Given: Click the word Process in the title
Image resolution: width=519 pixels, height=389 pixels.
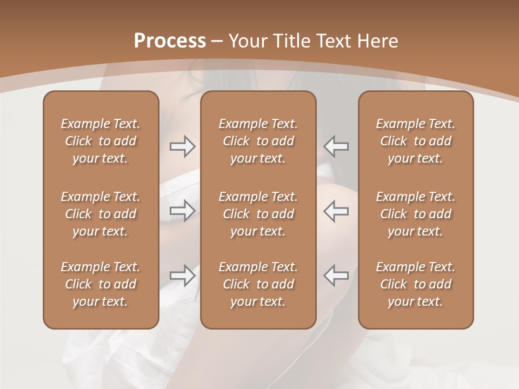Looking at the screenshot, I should pyautogui.click(x=170, y=41).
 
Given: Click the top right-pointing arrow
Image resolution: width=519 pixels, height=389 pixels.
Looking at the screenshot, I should pyautogui.click(x=182, y=146).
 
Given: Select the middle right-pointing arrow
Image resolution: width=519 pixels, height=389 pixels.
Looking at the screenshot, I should pyautogui.click(x=182, y=210).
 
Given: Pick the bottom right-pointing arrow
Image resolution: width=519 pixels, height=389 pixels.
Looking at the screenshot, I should pyautogui.click(x=182, y=275).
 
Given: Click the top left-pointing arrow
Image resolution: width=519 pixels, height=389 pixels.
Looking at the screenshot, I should pyautogui.click(x=336, y=146).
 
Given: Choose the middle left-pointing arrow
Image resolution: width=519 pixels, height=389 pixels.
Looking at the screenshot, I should pyautogui.click(x=336, y=210).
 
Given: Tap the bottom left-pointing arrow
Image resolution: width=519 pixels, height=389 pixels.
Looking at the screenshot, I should pyautogui.click(x=336, y=275).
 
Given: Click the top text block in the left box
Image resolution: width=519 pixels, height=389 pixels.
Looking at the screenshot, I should pyautogui.click(x=101, y=141).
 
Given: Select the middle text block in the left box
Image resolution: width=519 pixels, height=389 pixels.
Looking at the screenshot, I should pyautogui.click(x=101, y=214).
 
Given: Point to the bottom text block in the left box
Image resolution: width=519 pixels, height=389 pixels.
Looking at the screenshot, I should pyautogui.click(x=101, y=284).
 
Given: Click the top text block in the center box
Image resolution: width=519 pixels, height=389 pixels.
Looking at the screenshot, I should pyautogui.click(x=258, y=141).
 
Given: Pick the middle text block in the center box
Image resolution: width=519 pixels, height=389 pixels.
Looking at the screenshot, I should pyautogui.click(x=258, y=214).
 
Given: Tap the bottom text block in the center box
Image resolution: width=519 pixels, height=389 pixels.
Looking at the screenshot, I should pyautogui.click(x=258, y=284).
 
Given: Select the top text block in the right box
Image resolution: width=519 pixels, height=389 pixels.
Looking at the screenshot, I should pyautogui.click(x=415, y=141).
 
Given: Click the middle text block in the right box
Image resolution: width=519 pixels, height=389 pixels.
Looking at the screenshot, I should pyautogui.click(x=415, y=214).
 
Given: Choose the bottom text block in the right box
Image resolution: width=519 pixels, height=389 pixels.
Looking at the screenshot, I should pyautogui.click(x=415, y=284).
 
